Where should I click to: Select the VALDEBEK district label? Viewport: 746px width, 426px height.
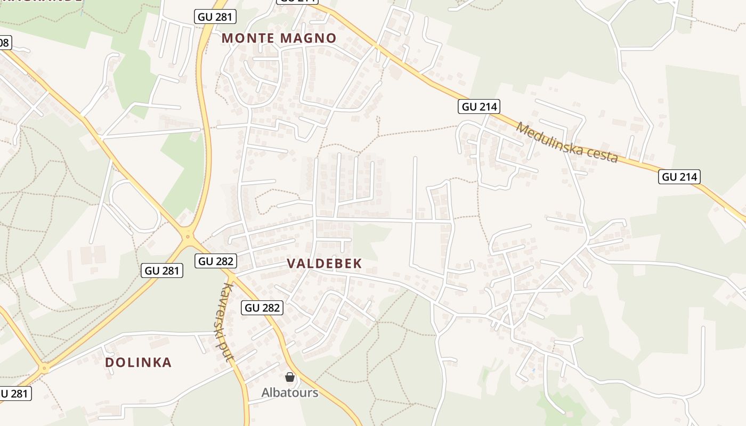(324, 264)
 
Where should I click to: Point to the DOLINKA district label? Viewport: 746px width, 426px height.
(138, 363)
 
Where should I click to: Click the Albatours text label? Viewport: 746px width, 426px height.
(289, 393)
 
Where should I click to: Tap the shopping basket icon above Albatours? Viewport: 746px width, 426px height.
(290, 378)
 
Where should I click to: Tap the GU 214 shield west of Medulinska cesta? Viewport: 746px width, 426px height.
(479, 106)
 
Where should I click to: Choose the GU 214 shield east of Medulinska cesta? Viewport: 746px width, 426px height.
(679, 177)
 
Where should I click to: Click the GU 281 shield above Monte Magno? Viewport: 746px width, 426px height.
(215, 17)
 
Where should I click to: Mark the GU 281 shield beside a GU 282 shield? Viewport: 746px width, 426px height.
(163, 271)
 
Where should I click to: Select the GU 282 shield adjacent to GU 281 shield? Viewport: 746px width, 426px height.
(216, 261)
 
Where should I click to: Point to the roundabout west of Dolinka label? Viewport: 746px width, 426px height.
(44, 367)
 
